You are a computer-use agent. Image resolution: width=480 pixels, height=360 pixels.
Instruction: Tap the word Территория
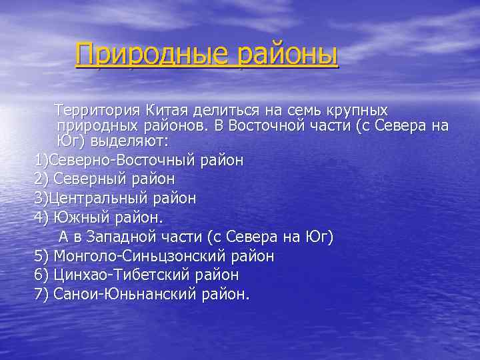click(96, 109)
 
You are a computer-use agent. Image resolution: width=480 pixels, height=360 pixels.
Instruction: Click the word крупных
click(354, 109)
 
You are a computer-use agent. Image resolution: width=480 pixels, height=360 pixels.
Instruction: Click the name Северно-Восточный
click(123, 161)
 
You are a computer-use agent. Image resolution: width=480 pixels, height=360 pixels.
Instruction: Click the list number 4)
click(41, 217)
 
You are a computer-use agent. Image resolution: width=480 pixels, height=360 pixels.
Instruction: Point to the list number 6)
click(41, 275)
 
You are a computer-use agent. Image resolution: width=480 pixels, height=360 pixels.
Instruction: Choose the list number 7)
click(41, 294)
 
